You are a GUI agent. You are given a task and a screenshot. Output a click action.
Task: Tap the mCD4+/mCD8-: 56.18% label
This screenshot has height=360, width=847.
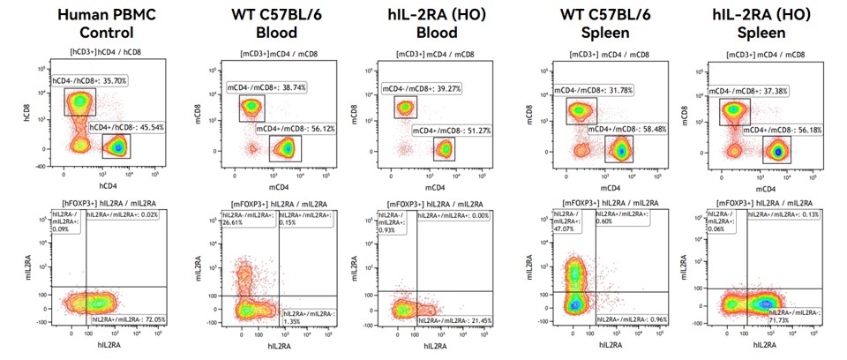pos(776,131)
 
